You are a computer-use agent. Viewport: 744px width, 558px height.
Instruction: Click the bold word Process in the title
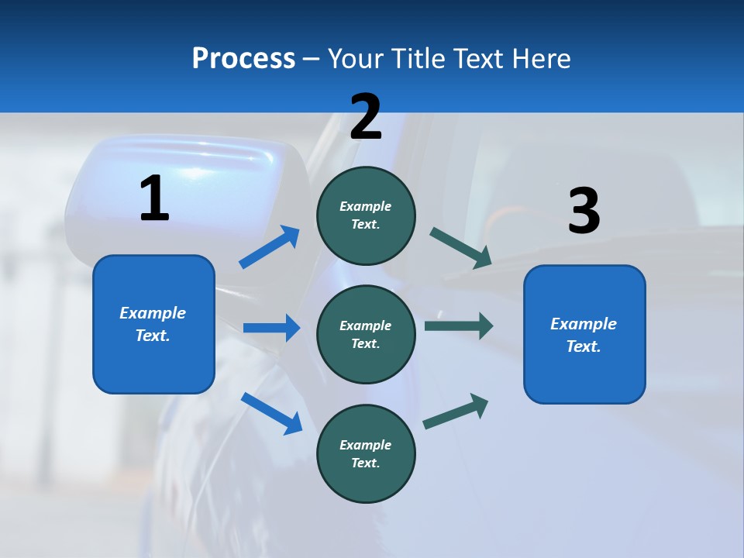243,59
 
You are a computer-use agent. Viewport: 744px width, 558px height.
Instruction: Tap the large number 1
154,199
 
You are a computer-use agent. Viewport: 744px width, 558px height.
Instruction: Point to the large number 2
366,117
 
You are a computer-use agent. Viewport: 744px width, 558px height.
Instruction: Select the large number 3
584,212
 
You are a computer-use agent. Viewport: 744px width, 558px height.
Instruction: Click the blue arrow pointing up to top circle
270,247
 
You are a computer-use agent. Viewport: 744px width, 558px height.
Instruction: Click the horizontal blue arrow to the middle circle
271,328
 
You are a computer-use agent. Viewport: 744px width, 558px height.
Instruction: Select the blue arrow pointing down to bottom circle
271,412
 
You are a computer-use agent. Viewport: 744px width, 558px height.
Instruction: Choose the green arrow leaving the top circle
460,248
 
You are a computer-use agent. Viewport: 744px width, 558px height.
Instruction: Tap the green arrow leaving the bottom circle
456,412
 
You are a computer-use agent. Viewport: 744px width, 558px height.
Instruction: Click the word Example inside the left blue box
153,313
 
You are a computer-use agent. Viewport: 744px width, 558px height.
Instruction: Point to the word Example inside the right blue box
584,324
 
